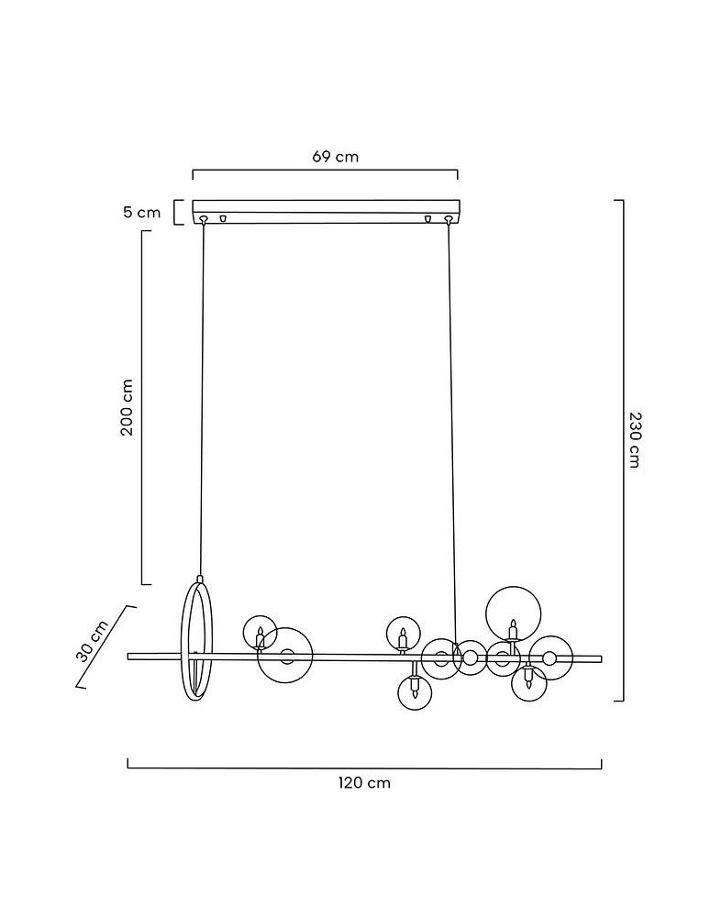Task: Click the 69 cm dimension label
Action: pyautogui.click(x=335, y=156)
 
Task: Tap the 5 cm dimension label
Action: pyautogui.click(x=141, y=212)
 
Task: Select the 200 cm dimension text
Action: pyautogui.click(x=127, y=407)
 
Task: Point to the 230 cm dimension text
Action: pyautogui.click(x=635, y=439)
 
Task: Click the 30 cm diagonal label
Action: pyautogui.click(x=93, y=640)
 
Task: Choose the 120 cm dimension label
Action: pyautogui.click(x=364, y=782)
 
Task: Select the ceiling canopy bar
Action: pyautogui.click(x=327, y=212)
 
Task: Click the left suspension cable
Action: pyautogui.click(x=202, y=399)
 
